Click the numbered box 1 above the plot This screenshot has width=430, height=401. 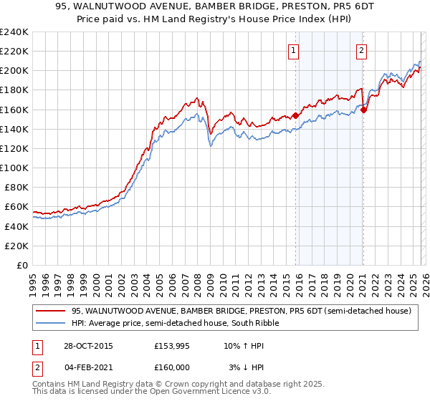click(x=295, y=50)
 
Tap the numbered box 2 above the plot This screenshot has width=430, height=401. click(x=362, y=50)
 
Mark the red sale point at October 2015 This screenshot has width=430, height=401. click(x=295, y=115)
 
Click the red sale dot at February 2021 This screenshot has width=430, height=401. click(x=363, y=110)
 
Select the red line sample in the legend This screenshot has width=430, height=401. click(x=51, y=311)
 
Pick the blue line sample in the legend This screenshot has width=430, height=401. click(x=51, y=323)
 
